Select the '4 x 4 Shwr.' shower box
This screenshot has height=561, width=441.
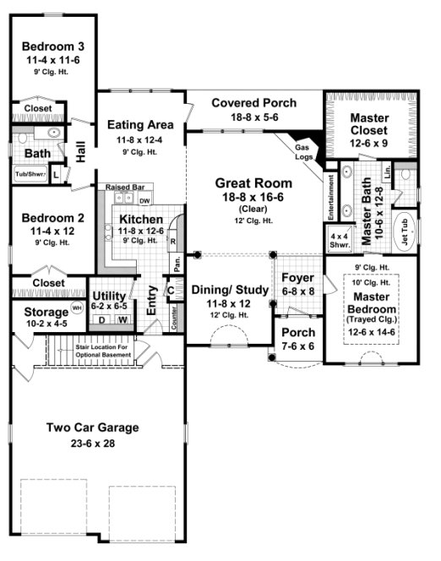[340, 236]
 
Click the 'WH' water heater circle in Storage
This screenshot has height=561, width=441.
[77, 308]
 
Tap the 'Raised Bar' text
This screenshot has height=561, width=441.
[123, 187]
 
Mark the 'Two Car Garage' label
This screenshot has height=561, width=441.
[92, 427]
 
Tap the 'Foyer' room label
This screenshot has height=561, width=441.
[297, 278]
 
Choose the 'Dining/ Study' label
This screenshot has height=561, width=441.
[229, 290]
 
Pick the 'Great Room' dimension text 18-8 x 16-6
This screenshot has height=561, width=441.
[253, 197]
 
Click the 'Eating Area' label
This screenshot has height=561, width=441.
[140, 125]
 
